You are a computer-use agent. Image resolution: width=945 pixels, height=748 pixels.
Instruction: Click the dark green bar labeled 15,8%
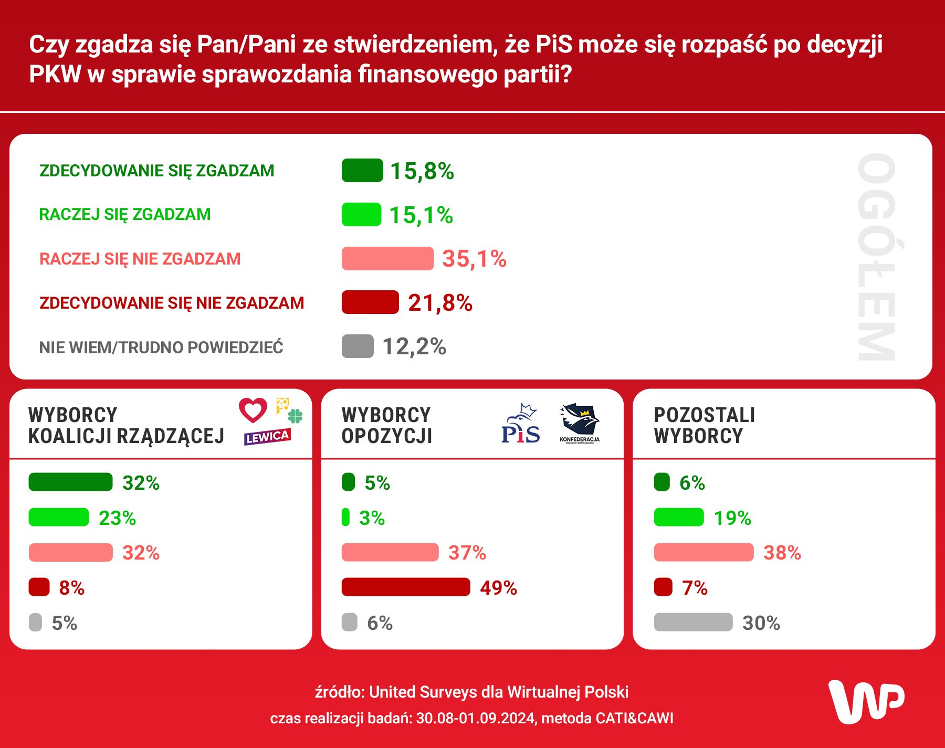coord(362,171)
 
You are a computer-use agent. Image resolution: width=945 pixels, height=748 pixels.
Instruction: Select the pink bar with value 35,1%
coord(387,259)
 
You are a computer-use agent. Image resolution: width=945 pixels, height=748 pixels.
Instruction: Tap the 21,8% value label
coord(440,303)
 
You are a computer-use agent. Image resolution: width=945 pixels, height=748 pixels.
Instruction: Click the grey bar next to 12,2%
coord(358,346)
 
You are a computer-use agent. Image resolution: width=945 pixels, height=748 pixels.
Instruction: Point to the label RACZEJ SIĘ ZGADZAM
coord(125,214)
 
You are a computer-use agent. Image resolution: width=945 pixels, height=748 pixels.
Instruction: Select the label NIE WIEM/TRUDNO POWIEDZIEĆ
coord(161,347)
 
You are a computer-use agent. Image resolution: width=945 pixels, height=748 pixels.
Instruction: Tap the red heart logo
coord(253,410)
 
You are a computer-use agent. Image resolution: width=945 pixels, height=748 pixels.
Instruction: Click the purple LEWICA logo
coord(267,437)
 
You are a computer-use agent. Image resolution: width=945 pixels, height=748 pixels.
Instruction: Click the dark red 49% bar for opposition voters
coord(405,587)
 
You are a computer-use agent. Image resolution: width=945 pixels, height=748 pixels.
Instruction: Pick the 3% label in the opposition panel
coord(372,518)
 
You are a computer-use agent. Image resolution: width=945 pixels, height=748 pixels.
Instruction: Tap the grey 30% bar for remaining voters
coord(693,622)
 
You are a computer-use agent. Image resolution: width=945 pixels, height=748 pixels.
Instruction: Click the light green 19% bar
coord(678,517)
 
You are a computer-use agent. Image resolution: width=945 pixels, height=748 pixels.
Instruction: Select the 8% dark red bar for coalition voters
coord(39,587)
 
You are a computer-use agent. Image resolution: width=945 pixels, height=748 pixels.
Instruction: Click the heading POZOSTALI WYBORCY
coord(704,425)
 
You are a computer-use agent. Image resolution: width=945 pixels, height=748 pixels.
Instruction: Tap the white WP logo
coord(866,702)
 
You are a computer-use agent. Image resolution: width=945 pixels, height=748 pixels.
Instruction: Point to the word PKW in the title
coord(55,74)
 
